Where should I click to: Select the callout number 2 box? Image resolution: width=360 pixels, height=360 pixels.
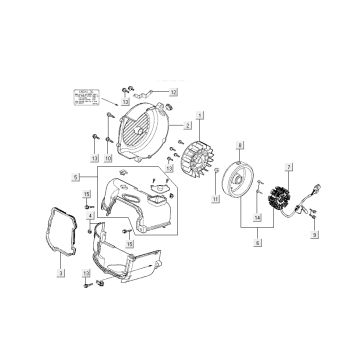(x=188, y=126)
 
